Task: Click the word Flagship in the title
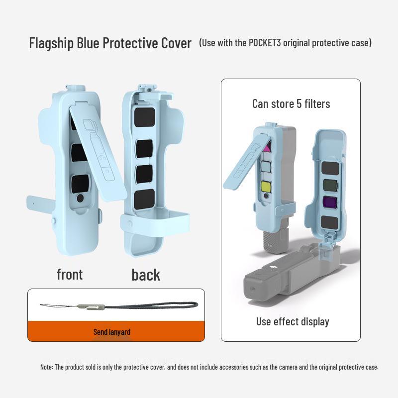51,43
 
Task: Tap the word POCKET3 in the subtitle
267,43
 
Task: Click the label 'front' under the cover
70,274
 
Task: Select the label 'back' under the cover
146,275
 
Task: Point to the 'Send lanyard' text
112,332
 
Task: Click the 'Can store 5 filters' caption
291,103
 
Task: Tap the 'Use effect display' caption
293,321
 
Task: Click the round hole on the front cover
80,198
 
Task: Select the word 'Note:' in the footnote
46,367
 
